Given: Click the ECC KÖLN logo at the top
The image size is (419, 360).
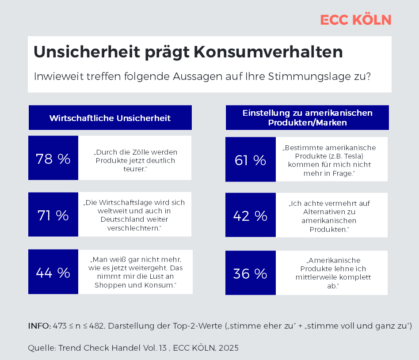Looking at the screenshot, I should (355, 20).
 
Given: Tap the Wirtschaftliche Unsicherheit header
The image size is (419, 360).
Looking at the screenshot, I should (110, 118).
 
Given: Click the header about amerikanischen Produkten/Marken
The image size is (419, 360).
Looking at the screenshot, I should (307, 118).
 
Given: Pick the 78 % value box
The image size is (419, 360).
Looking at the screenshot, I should (53, 158).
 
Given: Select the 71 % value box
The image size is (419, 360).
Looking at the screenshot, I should (53, 215).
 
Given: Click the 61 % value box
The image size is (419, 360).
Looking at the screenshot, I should (250, 160).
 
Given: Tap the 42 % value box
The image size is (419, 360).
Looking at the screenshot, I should (250, 216).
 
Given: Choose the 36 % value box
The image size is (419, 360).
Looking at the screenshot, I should (250, 273).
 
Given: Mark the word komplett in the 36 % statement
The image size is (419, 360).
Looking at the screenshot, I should (352, 277).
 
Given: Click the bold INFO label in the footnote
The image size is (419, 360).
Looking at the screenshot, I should (39, 326).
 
